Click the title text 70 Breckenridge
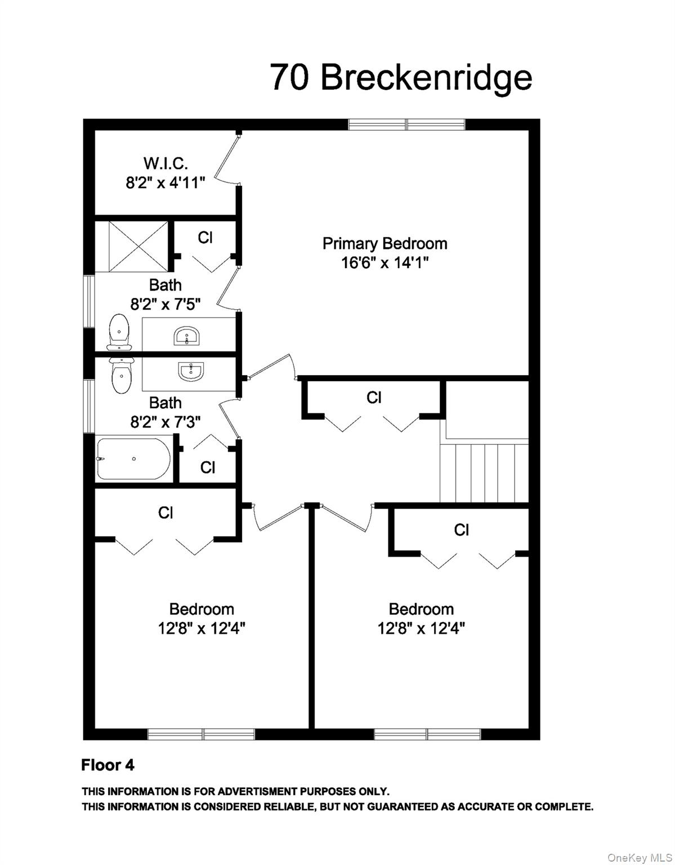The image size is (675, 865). tap(401, 77)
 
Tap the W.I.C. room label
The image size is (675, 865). tap(165, 163)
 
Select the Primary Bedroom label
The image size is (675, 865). tap(385, 243)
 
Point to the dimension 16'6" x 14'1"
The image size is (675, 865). tap(385, 262)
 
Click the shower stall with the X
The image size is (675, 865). tap(131, 247)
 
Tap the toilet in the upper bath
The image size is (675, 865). tap(119, 331)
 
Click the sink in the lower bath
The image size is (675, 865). tap(190, 371)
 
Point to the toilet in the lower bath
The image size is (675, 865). tap(120, 376)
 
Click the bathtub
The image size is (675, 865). tap(133, 458)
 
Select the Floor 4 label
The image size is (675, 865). tap(108, 765)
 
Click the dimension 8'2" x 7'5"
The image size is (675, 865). tap(166, 304)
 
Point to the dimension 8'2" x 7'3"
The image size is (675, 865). tap(166, 422)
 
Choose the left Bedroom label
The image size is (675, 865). tap(202, 609)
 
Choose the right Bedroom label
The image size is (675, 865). tap(421, 609)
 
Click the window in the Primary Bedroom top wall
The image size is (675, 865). tap(406, 124)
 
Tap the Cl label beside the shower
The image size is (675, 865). tap(205, 238)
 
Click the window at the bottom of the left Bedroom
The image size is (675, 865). tap(201, 734)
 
